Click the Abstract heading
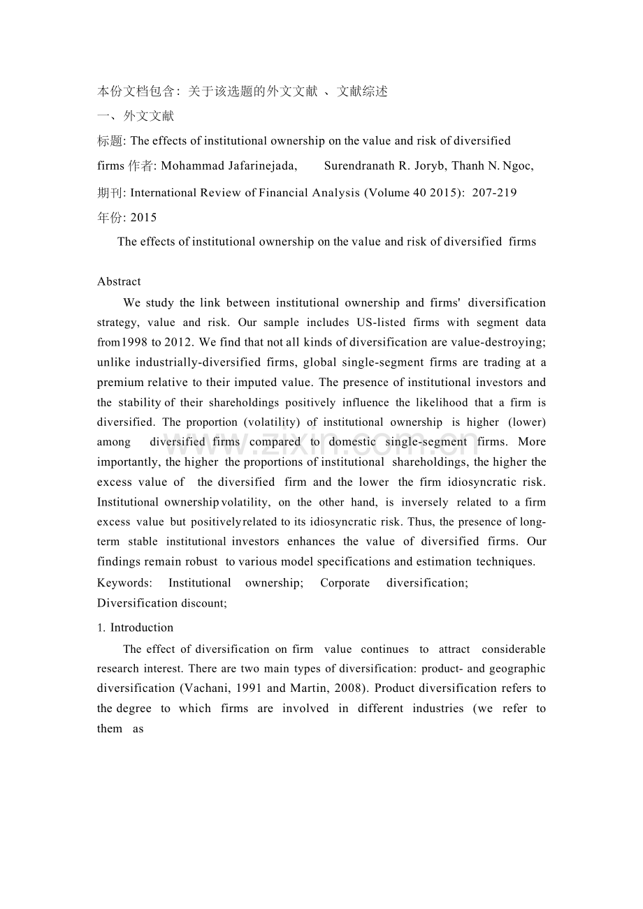pos(119,281)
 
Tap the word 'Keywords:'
pos(124,583)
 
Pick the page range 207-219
pos(495,192)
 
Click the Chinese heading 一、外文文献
pos(136,116)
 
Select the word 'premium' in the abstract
pos(120,382)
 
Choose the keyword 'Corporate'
pos(345,583)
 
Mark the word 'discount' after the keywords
pos(202,603)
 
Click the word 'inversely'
pos(425,502)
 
